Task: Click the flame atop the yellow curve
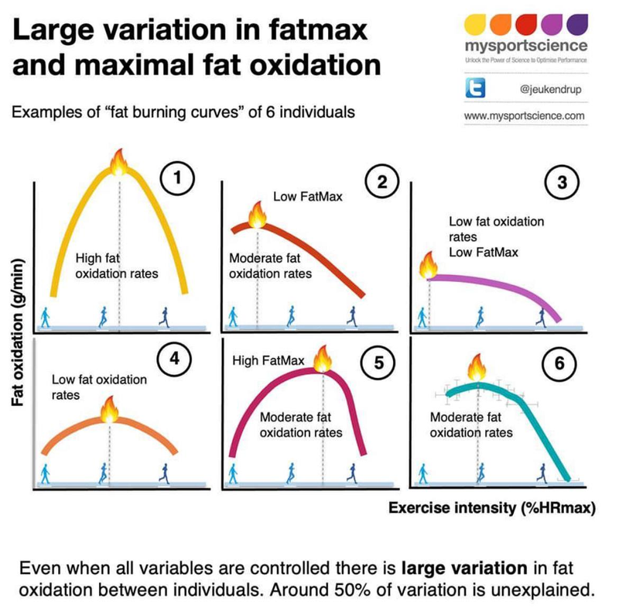pos(119,163)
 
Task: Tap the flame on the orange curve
pos(108,410)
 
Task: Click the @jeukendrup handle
pos(554,91)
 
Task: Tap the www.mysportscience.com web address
pos(524,116)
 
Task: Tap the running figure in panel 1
pos(164,315)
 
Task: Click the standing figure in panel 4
pos(44,474)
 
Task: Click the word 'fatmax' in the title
pos(313,33)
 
